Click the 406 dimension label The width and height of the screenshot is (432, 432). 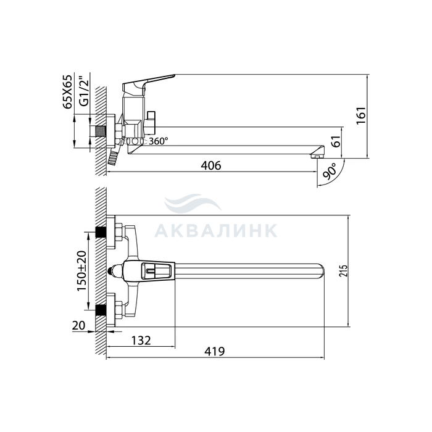point(211,165)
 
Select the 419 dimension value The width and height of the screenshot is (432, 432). point(215,351)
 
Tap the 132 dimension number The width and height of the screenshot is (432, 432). point(141,341)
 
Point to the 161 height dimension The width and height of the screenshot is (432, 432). point(360,115)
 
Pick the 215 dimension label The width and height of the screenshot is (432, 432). point(343,271)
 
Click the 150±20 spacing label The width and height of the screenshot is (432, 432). point(81,271)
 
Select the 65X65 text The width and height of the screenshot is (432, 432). point(67,92)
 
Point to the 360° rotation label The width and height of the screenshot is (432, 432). point(159,141)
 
